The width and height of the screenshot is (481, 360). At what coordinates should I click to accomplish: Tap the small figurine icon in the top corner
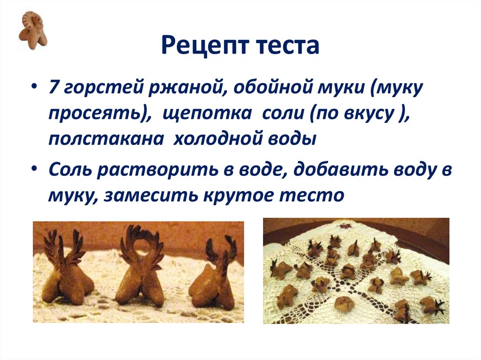(32, 30)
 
